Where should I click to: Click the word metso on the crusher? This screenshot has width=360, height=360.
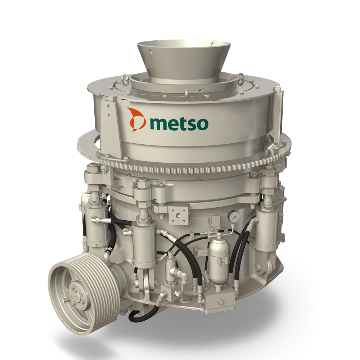[179, 123]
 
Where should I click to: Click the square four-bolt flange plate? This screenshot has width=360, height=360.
[178, 215]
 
